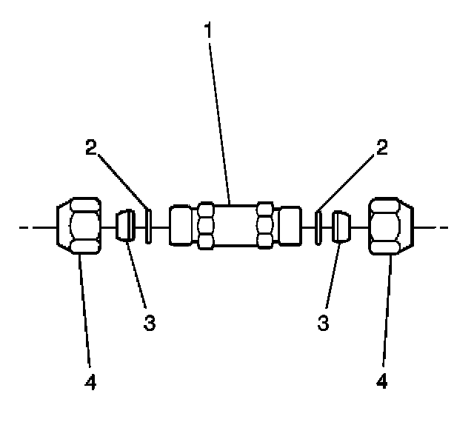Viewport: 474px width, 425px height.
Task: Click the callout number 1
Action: (x=210, y=30)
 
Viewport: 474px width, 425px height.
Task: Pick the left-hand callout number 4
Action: (x=91, y=382)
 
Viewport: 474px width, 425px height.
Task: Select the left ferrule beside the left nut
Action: (x=126, y=226)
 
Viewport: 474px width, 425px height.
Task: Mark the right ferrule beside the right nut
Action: (x=341, y=226)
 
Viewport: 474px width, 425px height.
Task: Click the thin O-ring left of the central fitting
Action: (x=148, y=226)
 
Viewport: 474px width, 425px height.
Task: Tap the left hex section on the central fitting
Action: (x=207, y=226)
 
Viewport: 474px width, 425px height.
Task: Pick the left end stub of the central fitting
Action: (x=181, y=226)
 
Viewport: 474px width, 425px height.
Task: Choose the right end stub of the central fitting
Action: (x=290, y=226)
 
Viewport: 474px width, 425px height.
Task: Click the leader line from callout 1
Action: (x=219, y=118)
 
